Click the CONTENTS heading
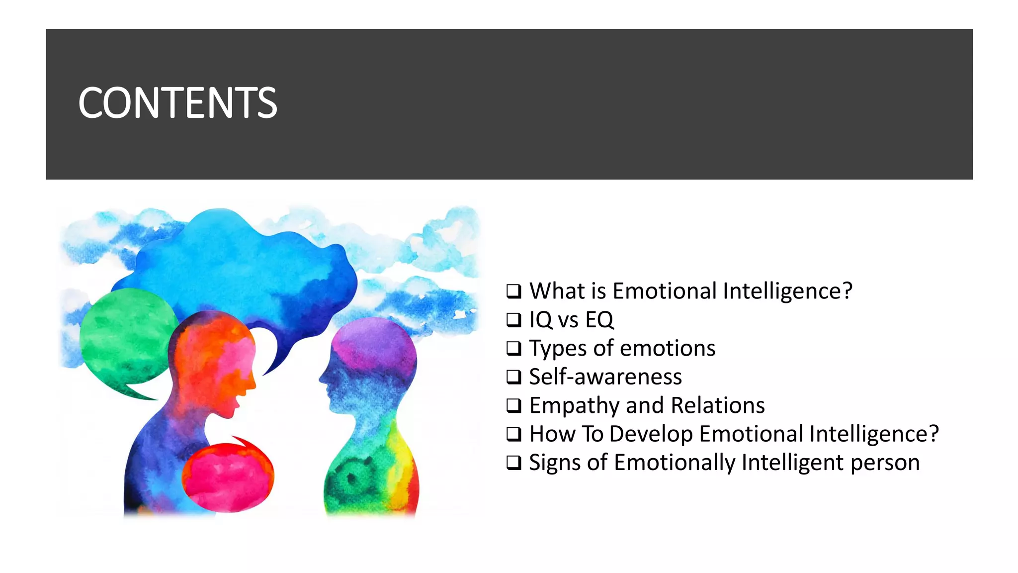177,103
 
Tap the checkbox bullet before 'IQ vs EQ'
513,319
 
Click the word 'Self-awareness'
605,377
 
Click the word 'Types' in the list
558,349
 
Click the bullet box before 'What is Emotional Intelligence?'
513,291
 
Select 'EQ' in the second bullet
599,320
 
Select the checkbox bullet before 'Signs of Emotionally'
513,463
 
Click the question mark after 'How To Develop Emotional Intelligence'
933,434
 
